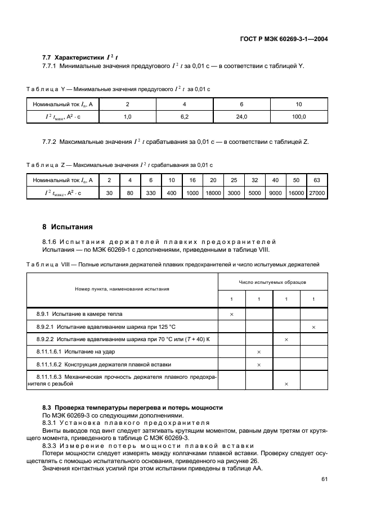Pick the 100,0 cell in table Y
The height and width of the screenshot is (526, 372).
(x=299, y=117)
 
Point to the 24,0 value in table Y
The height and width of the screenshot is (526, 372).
(x=241, y=117)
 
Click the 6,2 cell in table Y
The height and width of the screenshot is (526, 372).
(x=184, y=117)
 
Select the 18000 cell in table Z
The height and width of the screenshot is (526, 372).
(x=213, y=193)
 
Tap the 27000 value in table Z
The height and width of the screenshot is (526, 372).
(x=316, y=193)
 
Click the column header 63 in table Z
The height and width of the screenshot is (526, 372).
(x=316, y=180)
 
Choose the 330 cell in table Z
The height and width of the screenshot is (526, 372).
(x=150, y=193)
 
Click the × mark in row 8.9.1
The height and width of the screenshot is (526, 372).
(x=231, y=314)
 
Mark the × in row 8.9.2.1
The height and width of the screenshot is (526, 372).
(x=313, y=327)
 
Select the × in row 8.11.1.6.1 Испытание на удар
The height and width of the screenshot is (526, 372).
(x=259, y=352)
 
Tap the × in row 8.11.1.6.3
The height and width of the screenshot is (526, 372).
(x=286, y=383)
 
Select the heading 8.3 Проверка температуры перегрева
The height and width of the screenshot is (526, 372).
(x=133, y=407)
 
